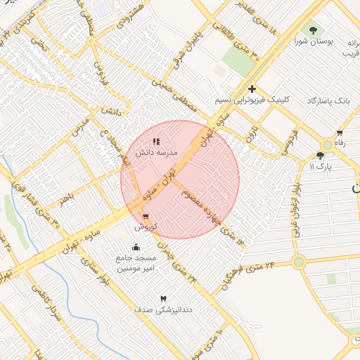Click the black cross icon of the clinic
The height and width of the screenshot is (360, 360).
(x=252, y=89)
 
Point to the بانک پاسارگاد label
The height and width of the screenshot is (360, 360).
(x=328, y=101)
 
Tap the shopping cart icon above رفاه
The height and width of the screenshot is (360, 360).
(x=340, y=133)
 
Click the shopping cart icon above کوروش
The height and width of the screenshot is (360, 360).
(x=146, y=217)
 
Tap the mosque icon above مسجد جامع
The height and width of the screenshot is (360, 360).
(x=136, y=247)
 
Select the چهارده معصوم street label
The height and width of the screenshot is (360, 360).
(x=211, y=203)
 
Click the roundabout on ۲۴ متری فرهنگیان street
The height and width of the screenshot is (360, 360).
(x=299, y=262)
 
